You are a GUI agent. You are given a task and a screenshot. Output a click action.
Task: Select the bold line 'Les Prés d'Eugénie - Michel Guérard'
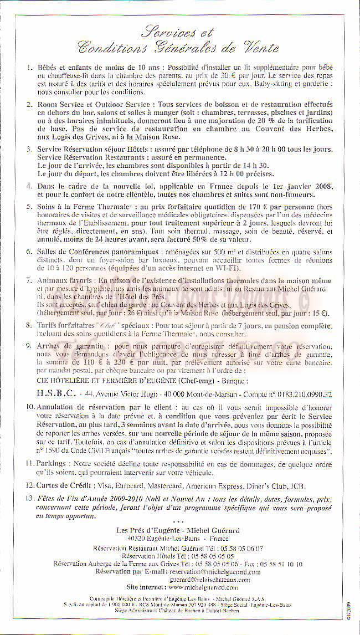[x=178, y=530]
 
